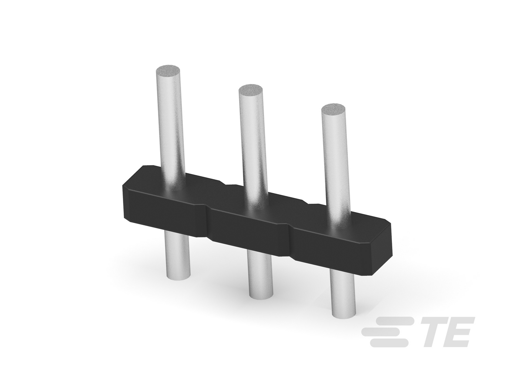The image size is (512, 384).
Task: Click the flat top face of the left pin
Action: (168, 70)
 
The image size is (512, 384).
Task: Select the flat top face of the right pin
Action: (333, 109)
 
